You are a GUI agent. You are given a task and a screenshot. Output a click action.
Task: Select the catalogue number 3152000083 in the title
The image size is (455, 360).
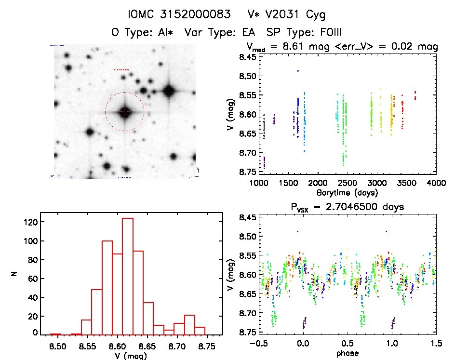[193, 14]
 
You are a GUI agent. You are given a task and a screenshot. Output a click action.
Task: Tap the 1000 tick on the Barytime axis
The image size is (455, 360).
[259, 183]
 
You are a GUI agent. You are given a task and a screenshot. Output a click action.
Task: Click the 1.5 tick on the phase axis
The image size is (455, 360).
[436, 344]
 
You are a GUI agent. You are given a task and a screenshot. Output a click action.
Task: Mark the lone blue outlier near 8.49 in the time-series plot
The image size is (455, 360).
[298, 71]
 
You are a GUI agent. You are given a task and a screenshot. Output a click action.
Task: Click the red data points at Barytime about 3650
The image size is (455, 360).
[415, 95]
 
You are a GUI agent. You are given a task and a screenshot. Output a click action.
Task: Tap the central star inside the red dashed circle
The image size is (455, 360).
[125, 112]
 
